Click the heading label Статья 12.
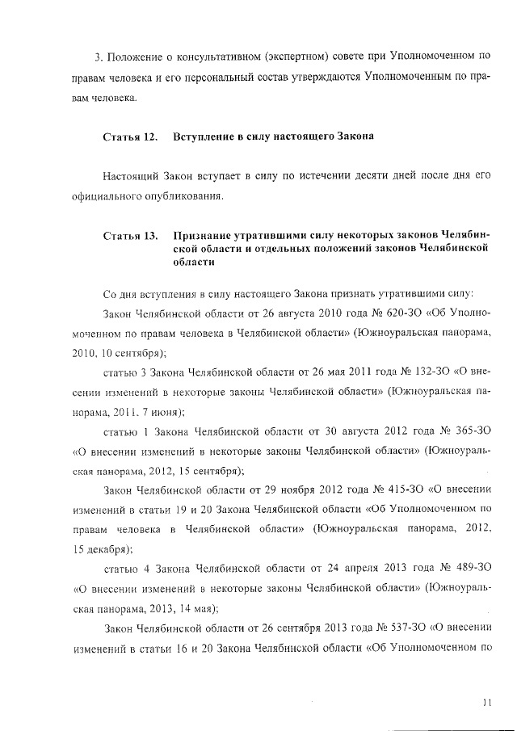point(129,137)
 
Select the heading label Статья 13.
point(129,236)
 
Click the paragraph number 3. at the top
point(98,57)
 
